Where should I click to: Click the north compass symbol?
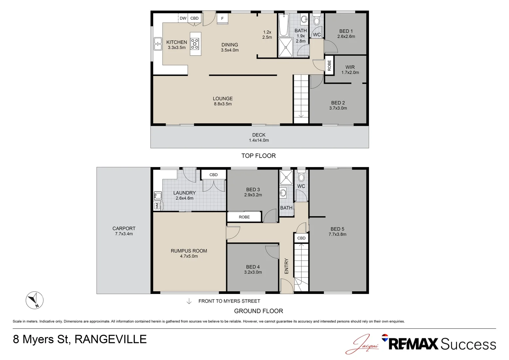click(35, 300)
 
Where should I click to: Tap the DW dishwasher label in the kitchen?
click(183, 18)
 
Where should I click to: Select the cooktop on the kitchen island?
click(195, 44)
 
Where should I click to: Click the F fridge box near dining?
click(223, 19)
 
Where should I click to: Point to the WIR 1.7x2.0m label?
click(350, 70)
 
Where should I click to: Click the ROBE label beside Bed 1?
click(329, 65)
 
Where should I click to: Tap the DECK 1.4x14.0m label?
click(259, 137)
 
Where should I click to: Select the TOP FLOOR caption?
click(258, 156)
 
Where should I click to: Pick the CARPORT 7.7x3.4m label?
click(124, 231)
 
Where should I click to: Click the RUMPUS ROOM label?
click(189, 251)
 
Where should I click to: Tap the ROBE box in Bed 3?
click(244, 217)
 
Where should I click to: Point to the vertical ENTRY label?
click(286, 266)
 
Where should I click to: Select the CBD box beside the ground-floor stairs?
click(301, 238)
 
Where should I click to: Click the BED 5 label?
click(337, 229)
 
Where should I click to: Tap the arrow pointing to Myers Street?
click(189, 301)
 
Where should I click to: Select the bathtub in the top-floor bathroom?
click(283, 25)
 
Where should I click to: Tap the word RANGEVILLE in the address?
click(111, 339)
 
